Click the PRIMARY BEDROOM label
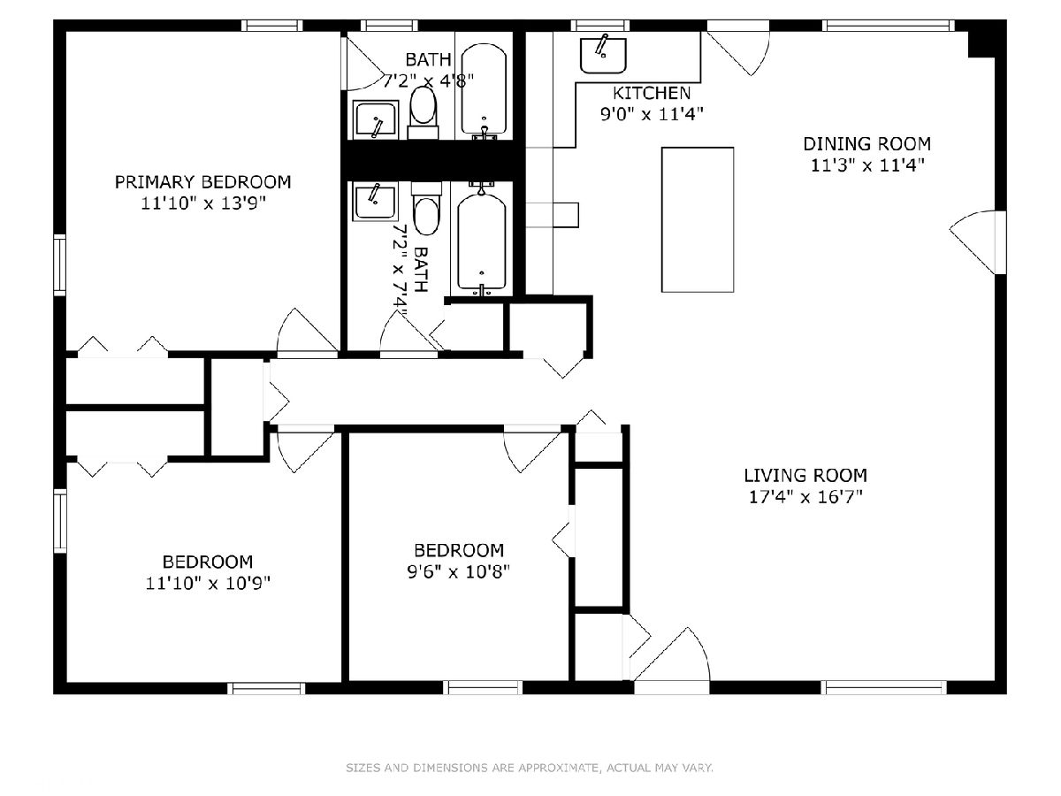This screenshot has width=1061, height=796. (202, 182)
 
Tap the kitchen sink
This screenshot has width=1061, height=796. (603, 55)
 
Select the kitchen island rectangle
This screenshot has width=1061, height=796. (698, 220)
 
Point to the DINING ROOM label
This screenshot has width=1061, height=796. (866, 144)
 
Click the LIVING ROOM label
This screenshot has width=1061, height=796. (805, 476)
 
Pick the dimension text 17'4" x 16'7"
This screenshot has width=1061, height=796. (805, 497)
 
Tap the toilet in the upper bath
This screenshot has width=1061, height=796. (423, 112)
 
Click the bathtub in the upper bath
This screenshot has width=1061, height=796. (484, 89)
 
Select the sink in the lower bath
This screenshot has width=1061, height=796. (375, 202)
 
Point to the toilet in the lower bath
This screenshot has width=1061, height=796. (426, 209)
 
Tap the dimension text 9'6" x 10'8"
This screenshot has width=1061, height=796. (459, 572)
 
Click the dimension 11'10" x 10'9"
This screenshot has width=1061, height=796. (208, 584)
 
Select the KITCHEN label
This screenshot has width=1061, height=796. (652, 93)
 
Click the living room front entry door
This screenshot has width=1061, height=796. (672, 660)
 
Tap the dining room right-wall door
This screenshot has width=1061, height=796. (976, 242)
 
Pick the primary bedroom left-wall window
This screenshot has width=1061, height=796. (59, 264)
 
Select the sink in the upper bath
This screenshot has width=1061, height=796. (376, 120)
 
